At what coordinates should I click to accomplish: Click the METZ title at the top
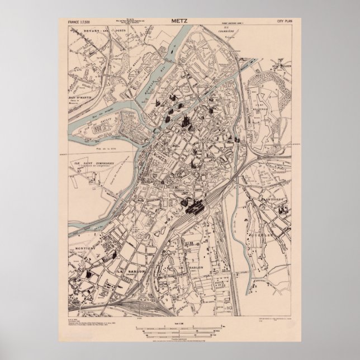tap(179, 22)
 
